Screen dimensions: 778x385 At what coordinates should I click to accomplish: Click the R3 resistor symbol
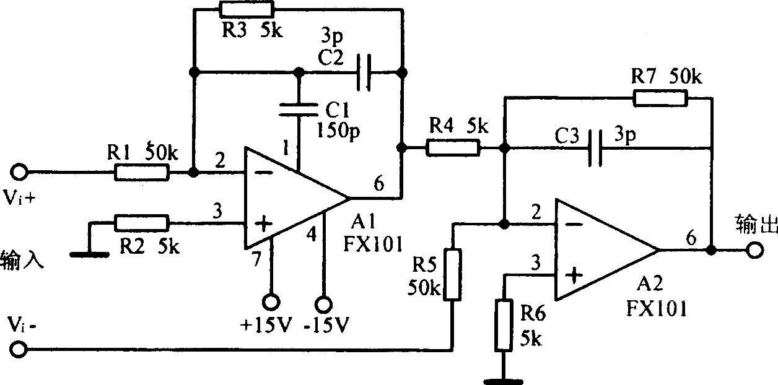pos(247,9)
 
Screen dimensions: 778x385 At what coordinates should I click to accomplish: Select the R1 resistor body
pos(142,173)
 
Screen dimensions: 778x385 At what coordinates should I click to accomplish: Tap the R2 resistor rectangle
pos(142,223)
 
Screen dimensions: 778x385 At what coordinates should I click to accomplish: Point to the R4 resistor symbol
pos(453,147)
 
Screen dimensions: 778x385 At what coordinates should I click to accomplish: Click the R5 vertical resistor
pos(453,274)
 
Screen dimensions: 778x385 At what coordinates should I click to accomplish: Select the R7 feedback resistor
pos(660,98)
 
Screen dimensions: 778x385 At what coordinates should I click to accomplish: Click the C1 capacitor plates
pos(299,110)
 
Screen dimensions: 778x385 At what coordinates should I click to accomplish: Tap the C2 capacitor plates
pos(364,72)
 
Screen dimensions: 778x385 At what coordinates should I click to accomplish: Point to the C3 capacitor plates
pos(595,148)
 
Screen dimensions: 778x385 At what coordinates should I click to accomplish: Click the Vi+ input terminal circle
pos(19,172)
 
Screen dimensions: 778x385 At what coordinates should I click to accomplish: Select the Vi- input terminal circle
pos(19,349)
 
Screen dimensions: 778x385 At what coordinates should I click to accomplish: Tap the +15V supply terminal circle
pos(271,303)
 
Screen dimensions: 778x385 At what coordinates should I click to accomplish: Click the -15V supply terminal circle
pos(323,305)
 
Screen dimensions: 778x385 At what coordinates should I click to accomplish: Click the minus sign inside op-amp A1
pos(264,173)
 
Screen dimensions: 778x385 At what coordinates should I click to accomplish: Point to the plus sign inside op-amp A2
pos(574,276)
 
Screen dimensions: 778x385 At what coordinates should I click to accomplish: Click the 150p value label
pos(338,131)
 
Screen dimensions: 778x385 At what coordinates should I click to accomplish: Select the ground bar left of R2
pos(89,255)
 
